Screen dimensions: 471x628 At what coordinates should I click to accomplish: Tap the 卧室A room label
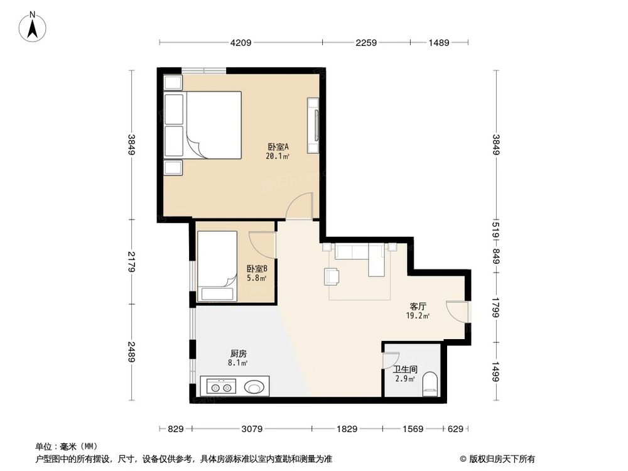277,147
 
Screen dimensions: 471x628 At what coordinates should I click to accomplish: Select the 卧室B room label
257,268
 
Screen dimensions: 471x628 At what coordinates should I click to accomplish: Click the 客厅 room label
418,306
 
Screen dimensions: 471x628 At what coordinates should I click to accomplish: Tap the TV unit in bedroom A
313,126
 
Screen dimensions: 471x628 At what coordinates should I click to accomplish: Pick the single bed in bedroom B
217,266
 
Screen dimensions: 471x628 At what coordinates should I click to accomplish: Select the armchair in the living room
332,276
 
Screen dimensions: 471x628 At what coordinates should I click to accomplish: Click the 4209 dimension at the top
241,43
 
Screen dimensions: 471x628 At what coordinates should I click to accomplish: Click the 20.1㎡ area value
277,156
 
